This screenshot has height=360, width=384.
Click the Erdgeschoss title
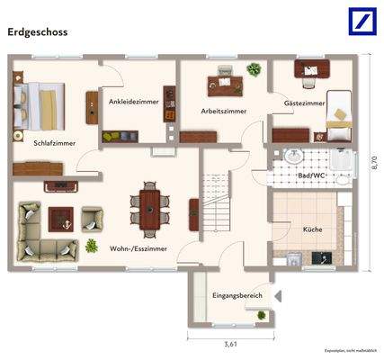tap(37, 30)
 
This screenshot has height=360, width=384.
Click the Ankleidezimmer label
tap(133, 102)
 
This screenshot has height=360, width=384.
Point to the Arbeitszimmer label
tap(223, 111)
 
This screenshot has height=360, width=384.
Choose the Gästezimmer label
tap(304, 104)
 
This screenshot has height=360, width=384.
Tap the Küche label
tap(313, 229)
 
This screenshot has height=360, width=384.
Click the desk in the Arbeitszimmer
tap(224, 86)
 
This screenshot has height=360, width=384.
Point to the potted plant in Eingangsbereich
tap(261, 316)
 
